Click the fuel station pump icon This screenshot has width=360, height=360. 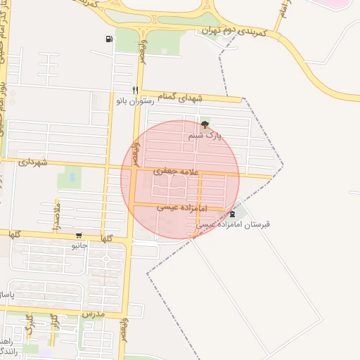(x=109, y=39)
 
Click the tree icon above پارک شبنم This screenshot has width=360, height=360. (x=205, y=124)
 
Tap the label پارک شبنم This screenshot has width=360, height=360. (x=205, y=135)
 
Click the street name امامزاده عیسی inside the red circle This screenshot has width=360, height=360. (x=180, y=208)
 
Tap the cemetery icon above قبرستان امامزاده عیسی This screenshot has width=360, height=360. (x=233, y=214)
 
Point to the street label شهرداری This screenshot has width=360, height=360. (x=34, y=163)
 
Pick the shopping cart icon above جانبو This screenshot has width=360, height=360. (x=78, y=236)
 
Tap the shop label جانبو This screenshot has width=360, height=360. (x=79, y=247)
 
